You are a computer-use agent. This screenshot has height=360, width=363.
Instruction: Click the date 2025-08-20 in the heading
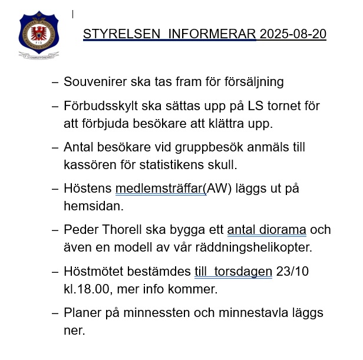(x=293, y=34)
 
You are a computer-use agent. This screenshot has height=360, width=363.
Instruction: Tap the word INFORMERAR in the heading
(x=212, y=34)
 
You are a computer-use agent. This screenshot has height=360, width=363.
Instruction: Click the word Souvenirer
(x=94, y=82)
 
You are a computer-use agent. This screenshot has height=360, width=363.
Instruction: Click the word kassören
(x=88, y=165)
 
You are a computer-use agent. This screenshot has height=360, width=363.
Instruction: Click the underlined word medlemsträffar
(x=159, y=189)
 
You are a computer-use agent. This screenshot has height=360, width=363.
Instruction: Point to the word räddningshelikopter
(x=253, y=247)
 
